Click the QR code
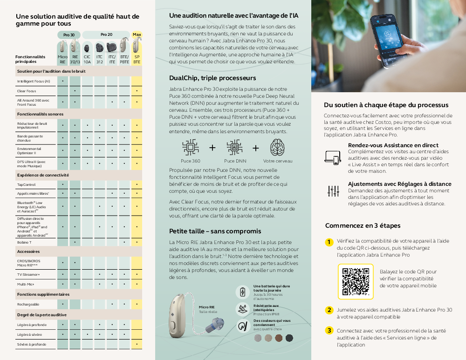coord(355,282)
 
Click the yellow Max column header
coord(137,34)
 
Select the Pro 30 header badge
coord(69,34)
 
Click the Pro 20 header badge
coord(106,34)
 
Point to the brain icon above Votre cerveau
coord(278,148)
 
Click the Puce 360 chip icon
coord(190,148)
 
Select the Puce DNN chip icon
coord(234,148)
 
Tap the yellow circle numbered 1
coord(329,242)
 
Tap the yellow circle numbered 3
coord(329,331)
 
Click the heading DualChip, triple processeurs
coord(212,78)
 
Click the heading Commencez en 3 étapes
coord(363,225)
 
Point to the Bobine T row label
coord(24,242)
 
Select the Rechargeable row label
coord(28,304)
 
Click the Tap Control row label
coord(26,185)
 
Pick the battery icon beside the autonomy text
coord(242,292)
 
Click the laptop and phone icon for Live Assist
coord(333,157)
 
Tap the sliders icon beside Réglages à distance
coord(333,190)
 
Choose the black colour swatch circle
coord(289,338)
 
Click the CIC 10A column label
coord(87,59)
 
